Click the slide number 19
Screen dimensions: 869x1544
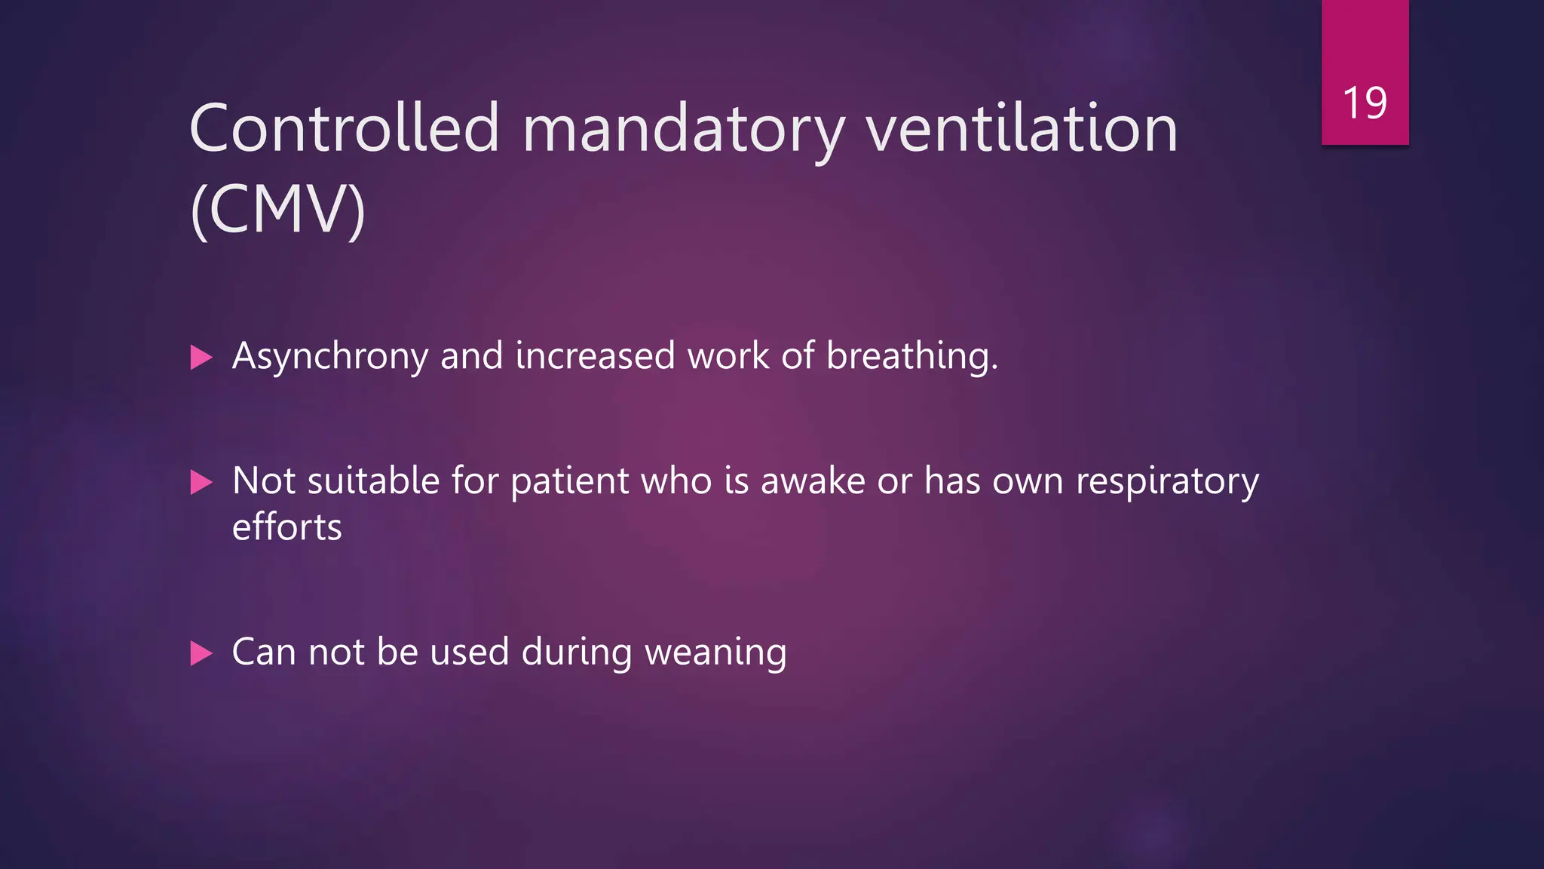click(x=1365, y=103)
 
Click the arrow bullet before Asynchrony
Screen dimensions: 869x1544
click(x=201, y=357)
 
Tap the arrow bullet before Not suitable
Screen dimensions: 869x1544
click(x=201, y=482)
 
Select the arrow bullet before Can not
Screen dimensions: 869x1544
click(x=201, y=653)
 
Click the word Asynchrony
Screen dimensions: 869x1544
click(x=330, y=356)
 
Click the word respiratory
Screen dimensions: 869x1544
click(x=1167, y=481)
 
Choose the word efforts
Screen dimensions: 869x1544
click(x=286, y=527)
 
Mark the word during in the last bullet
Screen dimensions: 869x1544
click(x=577, y=652)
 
